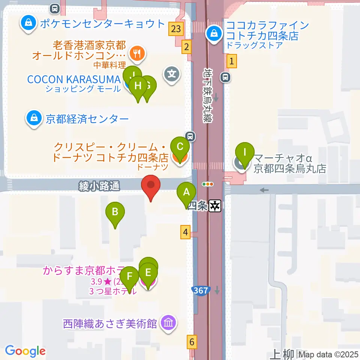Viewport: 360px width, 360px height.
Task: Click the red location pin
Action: [x=151, y=186]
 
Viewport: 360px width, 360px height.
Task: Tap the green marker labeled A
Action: [x=186, y=193]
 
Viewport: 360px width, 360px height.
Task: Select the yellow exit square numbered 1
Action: [x=232, y=60]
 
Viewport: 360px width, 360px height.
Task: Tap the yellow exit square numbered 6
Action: [x=192, y=342]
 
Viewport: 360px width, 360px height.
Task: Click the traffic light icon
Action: [x=207, y=184]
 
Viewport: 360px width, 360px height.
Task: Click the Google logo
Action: [x=25, y=351]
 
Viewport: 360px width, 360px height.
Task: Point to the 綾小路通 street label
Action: [x=99, y=185]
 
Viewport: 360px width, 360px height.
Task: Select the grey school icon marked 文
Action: [x=172, y=73]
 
